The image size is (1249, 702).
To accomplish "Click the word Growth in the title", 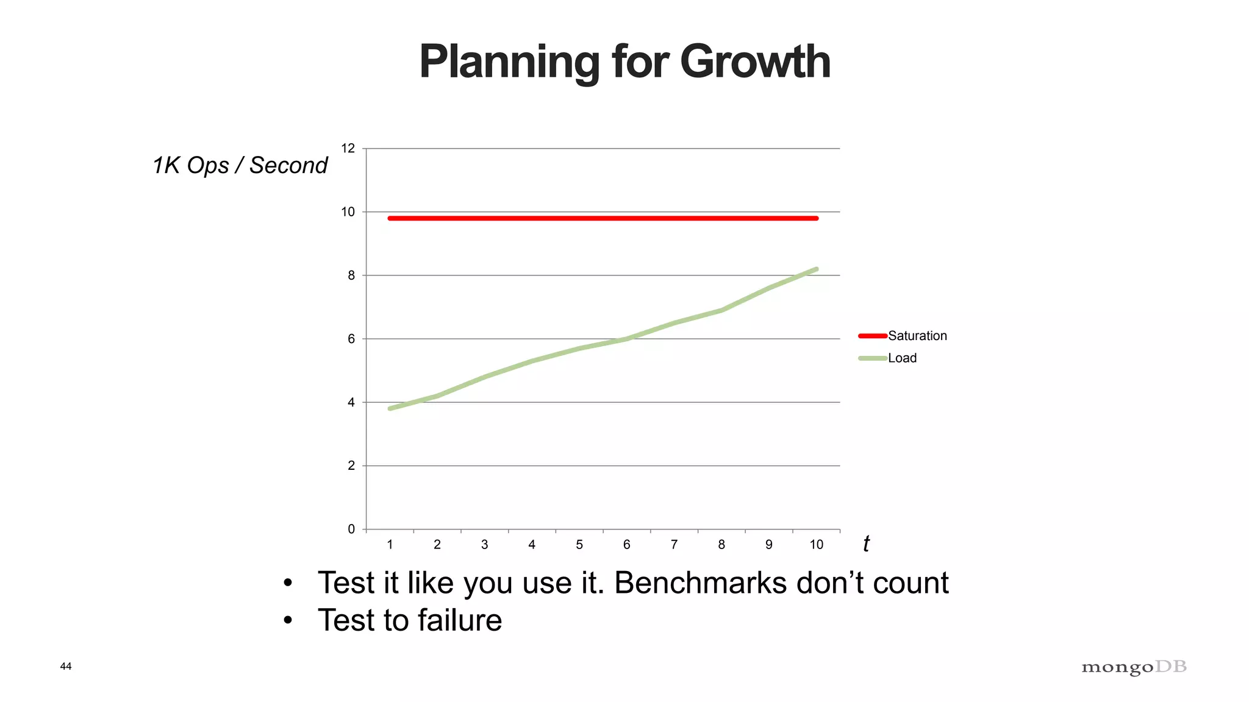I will coord(755,62).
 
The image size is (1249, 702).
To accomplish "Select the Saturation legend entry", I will coord(917,336).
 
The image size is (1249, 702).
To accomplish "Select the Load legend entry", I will coord(902,358).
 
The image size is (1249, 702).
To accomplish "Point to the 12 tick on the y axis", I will coord(348,149).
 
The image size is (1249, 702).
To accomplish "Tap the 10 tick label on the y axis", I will coord(348,212).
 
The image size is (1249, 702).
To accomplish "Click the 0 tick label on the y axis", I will coord(351,529).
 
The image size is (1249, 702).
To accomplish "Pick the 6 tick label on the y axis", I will coord(351,339).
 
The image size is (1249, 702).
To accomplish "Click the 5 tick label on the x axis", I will coord(579,545).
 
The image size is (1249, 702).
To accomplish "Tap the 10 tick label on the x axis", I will coord(816,545).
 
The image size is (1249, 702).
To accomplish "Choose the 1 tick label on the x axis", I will coord(390,545).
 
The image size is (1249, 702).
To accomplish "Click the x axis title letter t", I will coord(866,544).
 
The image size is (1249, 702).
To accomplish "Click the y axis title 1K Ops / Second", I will coord(240,166).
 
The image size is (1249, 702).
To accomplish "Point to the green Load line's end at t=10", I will coord(816,269).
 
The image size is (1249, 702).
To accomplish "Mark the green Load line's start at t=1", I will coord(390,408).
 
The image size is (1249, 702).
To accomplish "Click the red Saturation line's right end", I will coord(816,218).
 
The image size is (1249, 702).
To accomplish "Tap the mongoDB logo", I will coord(1134,667).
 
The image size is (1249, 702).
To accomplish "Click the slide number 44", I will coord(66,666).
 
